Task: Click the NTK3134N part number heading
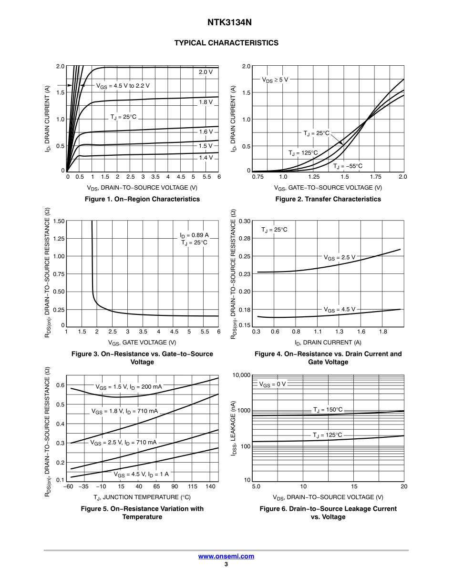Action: pyautogui.click(x=226, y=22)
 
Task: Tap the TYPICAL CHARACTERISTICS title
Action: pyautogui.click(x=226, y=43)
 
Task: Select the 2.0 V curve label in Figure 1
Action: pyautogui.click(x=206, y=72)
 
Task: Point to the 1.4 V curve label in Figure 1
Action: pyautogui.click(x=206, y=157)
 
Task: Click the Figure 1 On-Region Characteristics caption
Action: pyautogui.click(x=142, y=199)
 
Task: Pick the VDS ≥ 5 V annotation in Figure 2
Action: pyautogui.click(x=275, y=80)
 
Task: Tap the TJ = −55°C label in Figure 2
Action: pyautogui.click(x=348, y=166)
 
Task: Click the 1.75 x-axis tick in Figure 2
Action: pyautogui.click(x=373, y=177)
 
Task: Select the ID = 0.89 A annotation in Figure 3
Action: pyautogui.click(x=194, y=235)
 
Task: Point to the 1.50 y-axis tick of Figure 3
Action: pyautogui.click(x=59, y=221)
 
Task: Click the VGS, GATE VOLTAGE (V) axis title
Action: pyautogui.click(x=142, y=342)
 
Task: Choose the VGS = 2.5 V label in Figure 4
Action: pyautogui.click(x=340, y=257)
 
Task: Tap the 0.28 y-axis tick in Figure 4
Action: pyautogui.click(x=244, y=238)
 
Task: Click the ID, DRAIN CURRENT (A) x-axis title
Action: pyautogui.click(x=328, y=342)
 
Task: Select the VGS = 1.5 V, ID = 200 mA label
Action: pyautogui.click(x=129, y=387)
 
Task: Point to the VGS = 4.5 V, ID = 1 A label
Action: pyautogui.click(x=141, y=474)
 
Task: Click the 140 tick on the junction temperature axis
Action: pyautogui.click(x=211, y=486)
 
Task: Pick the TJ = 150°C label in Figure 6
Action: pyautogui.click(x=328, y=410)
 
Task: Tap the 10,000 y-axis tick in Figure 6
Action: pyautogui.click(x=241, y=375)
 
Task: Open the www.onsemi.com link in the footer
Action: pyautogui.click(x=226, y=556)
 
